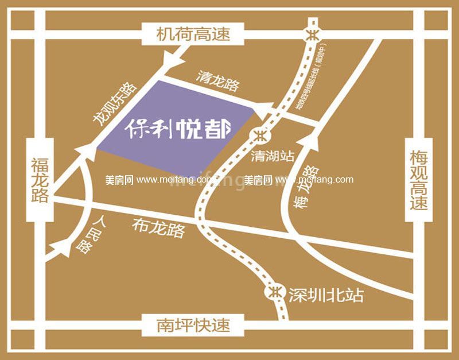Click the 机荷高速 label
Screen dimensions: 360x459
click(x=193, y=34)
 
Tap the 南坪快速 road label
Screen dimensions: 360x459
click(x=193, y=326)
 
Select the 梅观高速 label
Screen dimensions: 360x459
click(x=419, y=180)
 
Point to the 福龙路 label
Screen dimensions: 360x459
click(x=40, y=180)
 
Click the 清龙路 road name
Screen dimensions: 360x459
click(x=217, y=82)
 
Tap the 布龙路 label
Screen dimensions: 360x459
click(x=158, y=228)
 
